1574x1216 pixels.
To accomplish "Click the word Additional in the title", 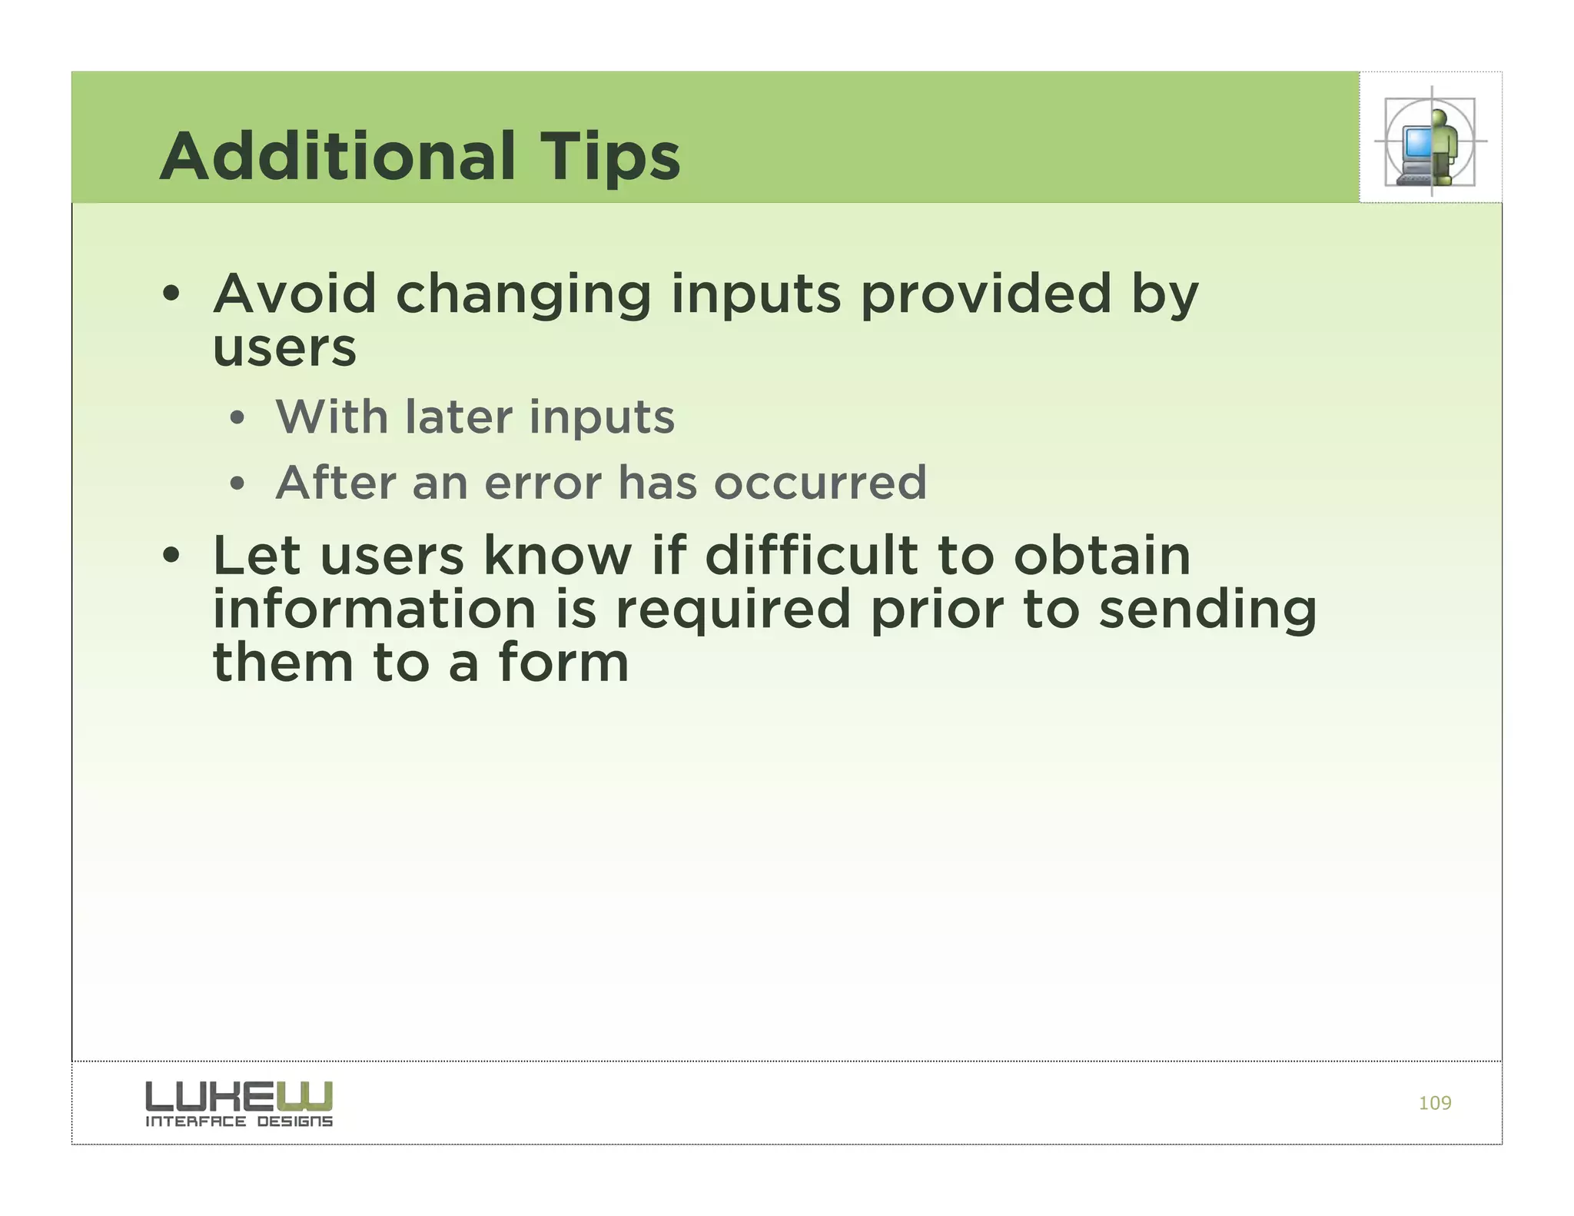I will click(x=337, y=157).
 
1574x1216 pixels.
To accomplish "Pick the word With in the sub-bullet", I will click(x=331, y=417).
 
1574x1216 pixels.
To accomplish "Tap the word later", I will click(x=458, y=417).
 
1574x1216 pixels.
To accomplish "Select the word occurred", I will click(x=820, y=483).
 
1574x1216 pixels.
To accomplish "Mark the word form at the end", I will click(x=563, y=663).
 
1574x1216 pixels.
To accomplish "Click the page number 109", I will click(x=1434, y=1103).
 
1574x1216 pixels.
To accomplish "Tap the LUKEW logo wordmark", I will click(x=239, y=1095).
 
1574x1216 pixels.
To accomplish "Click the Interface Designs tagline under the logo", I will click(x=239, y=1121).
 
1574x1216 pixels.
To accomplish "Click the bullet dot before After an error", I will click(x=237, y=484).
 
